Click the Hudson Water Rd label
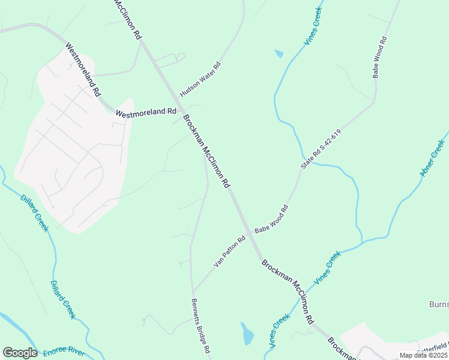click(200, 80)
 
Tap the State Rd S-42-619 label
click(321, 149)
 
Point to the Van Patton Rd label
click(229, 252)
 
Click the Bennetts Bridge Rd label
click(200, 326)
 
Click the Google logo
click(20, 353)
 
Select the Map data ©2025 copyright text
click(423, 355)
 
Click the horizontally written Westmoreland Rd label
click(146, 112)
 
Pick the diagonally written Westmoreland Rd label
click(83, 70)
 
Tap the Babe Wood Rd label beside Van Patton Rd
click(271, 219)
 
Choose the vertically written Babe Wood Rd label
click(379, 58)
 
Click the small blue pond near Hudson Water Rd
click(279, 54)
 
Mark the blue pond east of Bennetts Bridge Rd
click(247, 334)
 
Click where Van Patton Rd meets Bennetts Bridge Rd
click(193, 290)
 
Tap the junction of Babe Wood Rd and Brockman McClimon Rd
click(249, 233)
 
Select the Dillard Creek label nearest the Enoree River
click(63, 299)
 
